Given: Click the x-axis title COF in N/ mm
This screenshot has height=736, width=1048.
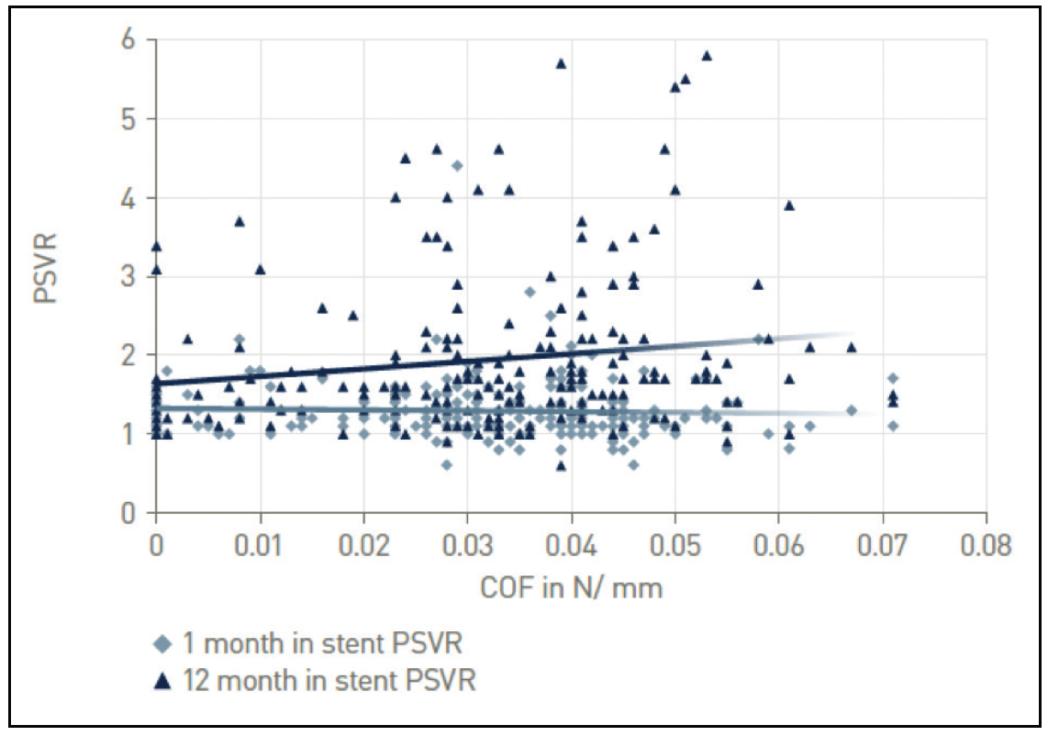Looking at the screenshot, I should pyautogui.click(x=571, y=589).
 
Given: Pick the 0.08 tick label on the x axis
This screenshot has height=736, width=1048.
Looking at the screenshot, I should pyautogui.click(x=987, y=548).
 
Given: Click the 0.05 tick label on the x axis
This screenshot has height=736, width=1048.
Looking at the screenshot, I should pyautogui.click(x=675, y=548).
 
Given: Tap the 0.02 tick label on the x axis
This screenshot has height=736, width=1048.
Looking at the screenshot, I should pyautogui.click(x=364, y=548).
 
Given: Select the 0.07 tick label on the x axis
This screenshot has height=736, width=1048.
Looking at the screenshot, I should pyautogui.click(x=883, y=548).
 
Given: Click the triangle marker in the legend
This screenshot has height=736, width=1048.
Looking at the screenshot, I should pyautogui.click(x=161, y=681).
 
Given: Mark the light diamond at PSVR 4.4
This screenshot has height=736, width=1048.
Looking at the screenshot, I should pyautogui.click(x=457, y=166).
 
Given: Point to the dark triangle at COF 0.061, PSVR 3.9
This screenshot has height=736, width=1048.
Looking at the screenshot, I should pyautogui.click(x=789, y=205).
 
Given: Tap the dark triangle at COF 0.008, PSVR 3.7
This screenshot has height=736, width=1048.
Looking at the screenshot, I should pyautogui.click(x=240, y=221).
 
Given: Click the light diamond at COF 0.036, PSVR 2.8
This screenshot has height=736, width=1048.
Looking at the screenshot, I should pyautogui.click(x=530, y=292).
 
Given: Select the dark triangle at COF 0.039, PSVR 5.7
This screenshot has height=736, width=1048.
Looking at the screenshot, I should pyautogui.click(x=561, y=63).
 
